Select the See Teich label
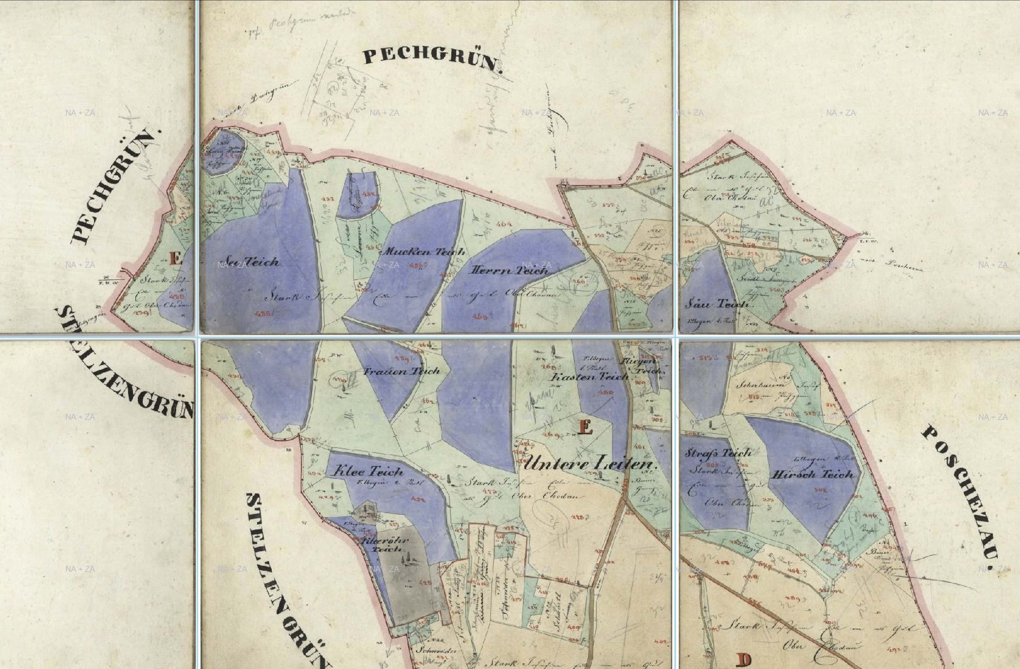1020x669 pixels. point(249,261)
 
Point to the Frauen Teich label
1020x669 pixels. point(402,371)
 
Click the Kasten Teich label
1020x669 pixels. point(589,377)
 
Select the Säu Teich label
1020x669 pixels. point(718,304)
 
